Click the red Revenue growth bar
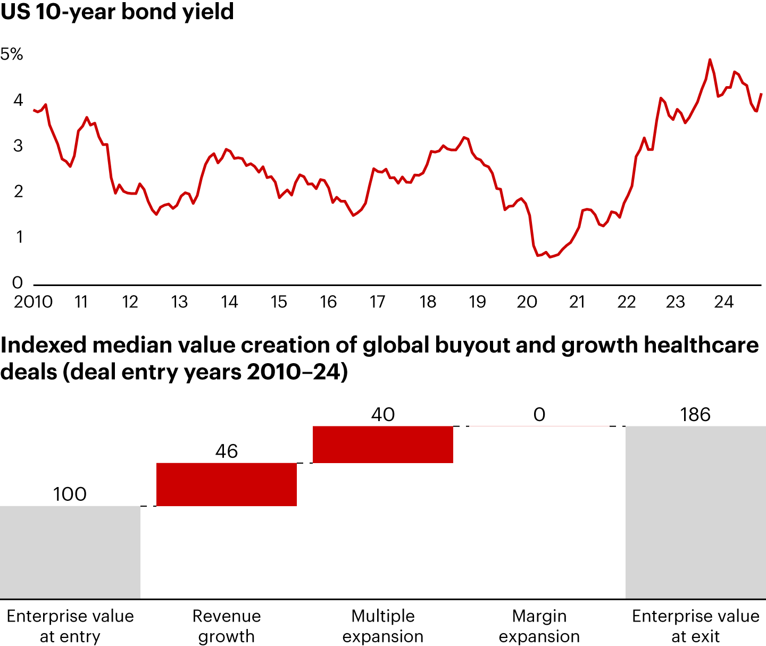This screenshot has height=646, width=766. point(226,484)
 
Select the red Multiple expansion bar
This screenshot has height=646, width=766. point(382,444)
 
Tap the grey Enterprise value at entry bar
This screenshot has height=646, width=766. point(70,552)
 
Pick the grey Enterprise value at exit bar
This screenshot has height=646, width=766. point(695,512)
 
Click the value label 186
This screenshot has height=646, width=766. point(695,415)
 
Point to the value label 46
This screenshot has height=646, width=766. point(226,451)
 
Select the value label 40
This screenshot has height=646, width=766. point(382,415)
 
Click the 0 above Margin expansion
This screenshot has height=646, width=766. point(539,415)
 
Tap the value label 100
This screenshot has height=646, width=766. point(70,494)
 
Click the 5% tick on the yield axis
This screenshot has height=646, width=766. point(12,54)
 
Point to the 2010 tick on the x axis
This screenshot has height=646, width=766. point(33,302)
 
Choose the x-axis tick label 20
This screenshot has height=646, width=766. point(527,302)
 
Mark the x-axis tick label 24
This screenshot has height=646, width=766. point(724,302)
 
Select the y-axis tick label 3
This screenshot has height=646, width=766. point(18,146)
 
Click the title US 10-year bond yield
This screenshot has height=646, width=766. point(117,12)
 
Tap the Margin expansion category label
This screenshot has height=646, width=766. point(539,626)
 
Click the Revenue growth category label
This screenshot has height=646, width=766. point(226,626)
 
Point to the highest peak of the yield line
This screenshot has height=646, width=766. point(710,60)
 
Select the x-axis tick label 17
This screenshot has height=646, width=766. point(377,302)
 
